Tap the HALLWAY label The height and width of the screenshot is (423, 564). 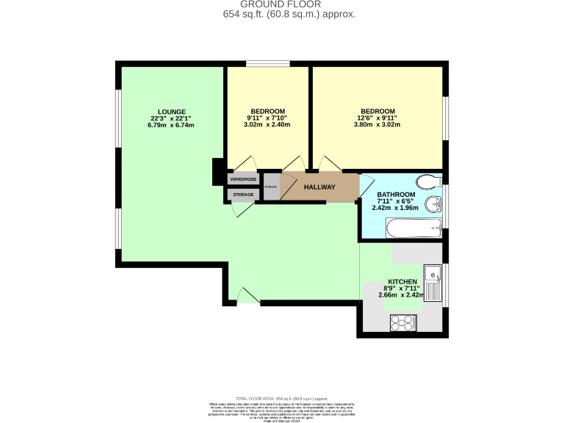coord(320,187)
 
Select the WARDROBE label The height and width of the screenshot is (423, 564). coord(243,179)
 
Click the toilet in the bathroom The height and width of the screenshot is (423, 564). coord(425,181)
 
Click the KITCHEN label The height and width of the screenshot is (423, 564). coord(403,282)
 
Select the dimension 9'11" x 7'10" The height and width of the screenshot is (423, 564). coord(267,118)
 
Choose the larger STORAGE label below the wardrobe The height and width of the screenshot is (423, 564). coord(243,195)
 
